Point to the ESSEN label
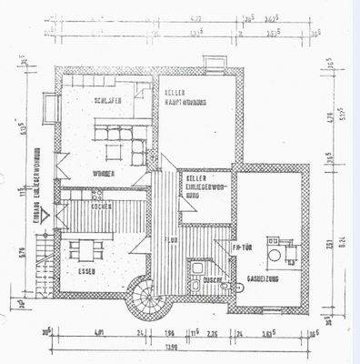[87, 272]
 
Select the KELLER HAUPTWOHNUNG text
[185, 99]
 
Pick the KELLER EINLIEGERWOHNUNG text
[202, 186]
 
